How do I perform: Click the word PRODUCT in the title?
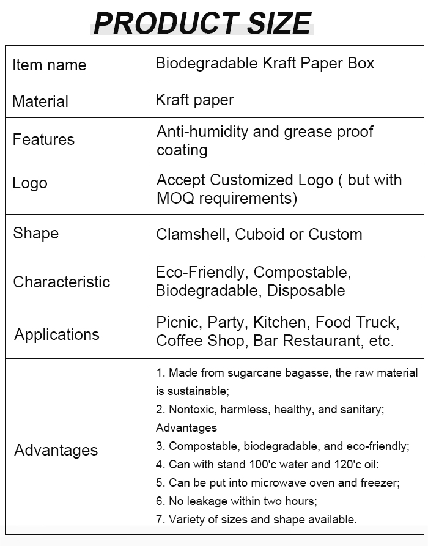166,23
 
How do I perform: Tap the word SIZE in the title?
279,23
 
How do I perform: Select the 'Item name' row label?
50,65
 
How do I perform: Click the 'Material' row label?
40,101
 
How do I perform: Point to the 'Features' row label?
43,139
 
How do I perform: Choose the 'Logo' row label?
30,183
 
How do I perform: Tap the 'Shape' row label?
36,233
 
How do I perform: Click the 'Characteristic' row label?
62,282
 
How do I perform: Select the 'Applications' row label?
57,334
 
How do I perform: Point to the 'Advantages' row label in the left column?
56,450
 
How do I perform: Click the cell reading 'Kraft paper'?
195,100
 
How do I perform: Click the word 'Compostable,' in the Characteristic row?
303,272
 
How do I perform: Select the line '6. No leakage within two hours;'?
237,501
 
